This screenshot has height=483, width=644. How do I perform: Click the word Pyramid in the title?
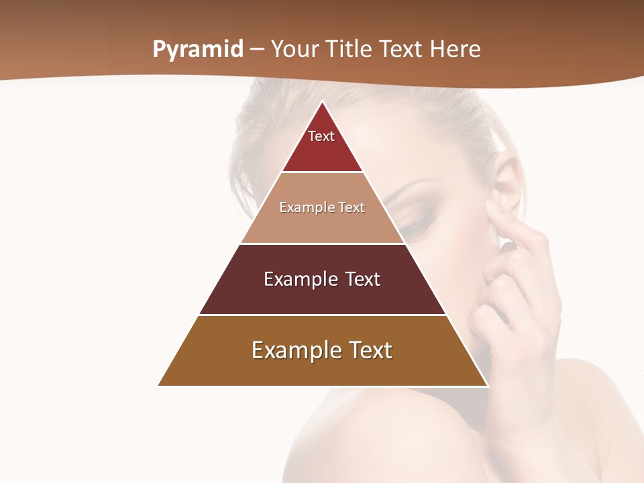[198, 50]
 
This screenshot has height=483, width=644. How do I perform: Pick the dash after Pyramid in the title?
[257, 50]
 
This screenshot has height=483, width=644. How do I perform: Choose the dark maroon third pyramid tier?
[322, 295]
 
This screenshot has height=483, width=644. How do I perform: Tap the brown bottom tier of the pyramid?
[322, 369]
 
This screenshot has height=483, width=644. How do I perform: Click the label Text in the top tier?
[321, 136]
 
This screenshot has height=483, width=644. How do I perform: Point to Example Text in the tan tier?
[322, 207]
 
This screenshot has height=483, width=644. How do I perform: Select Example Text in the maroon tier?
[322, 279]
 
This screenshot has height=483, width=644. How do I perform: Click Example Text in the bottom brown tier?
[322, 350]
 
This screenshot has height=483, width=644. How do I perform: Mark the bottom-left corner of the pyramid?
[160, 385]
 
